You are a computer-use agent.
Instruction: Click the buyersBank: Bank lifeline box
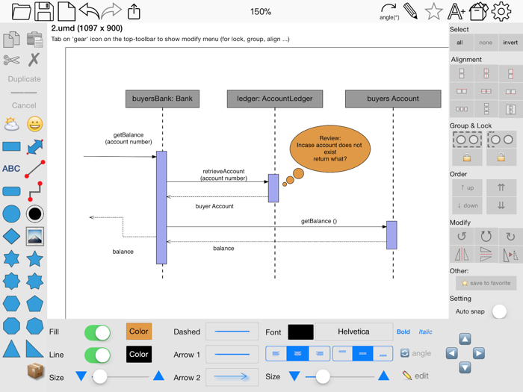[x=162, y=99]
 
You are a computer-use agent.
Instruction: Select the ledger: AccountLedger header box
[x=275, y=99]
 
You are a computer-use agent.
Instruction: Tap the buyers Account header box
[x=393, y=99]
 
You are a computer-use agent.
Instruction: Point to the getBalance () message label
[x=319, y=221]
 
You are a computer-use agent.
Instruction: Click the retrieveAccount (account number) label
[x=223, y=175]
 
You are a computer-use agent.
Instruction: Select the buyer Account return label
[x=214, y=206]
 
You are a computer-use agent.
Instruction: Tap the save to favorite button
[x=486, y=284]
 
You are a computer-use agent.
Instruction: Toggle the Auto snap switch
[x=499, y=311]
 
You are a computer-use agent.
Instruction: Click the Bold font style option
[x=403, y=332]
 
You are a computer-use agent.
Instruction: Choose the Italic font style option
[x=425, y=332]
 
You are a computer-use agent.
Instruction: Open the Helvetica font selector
[x=353, y=332]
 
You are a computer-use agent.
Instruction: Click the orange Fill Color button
[x=138, y=332]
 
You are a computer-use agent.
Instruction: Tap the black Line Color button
[x=138, y=355]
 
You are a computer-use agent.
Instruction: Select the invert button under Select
[x=510, y=43]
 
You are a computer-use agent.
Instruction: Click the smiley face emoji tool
[x=34, y=124]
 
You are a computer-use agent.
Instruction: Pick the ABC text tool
[x=11, y=169]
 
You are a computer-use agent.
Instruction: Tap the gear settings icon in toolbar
[x=501, y=11]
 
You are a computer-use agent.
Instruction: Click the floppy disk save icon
[x=44, y=11]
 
